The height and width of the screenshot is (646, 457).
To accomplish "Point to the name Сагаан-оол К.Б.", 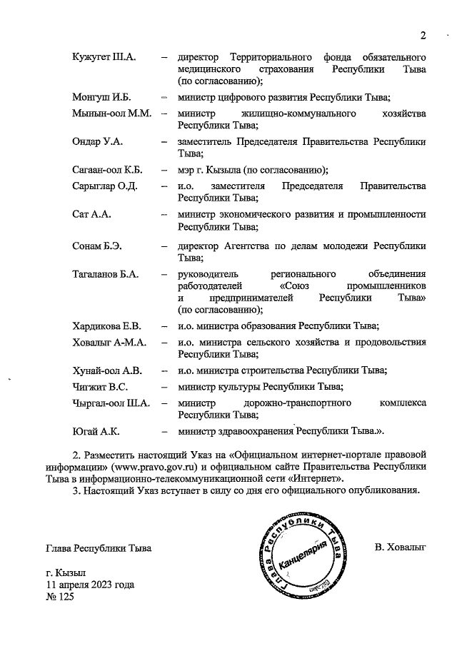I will [x=108, y=169].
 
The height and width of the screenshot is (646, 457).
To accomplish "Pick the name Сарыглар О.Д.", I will [x=105, y=186].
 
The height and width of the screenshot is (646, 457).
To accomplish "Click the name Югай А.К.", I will [x=96, y=432].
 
